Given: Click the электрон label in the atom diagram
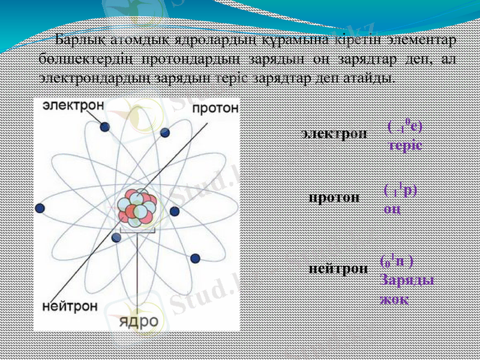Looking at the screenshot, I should (73, 104).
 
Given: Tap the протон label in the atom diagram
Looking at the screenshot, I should (215, 108).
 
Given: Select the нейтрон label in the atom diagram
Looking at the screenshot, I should (70, 306).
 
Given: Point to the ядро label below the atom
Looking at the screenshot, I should (139, 321).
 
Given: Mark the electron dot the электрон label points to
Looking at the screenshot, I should (105, 127).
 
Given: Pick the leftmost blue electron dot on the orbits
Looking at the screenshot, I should (40, 208).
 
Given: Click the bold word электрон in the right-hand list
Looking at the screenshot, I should (334, 133).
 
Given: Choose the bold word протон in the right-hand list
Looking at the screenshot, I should (334, 197).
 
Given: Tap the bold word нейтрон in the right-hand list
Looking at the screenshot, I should (338, 268).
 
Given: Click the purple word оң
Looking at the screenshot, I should (392, 208).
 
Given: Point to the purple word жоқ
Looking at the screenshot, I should (394, 299).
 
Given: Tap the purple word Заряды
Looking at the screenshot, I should (407, 281).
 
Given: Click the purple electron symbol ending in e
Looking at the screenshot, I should (405, 127).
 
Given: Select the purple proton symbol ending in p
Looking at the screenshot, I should (401, 191).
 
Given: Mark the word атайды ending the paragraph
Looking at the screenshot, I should (374, 78).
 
